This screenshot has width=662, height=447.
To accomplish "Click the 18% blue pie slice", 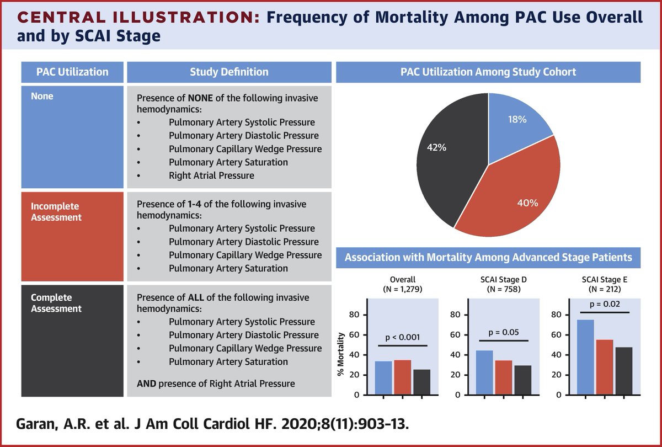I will (x=516, y=124).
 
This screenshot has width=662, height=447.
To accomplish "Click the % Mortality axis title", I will (x=342, y=353).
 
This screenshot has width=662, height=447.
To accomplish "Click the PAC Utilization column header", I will (x=72, y=72).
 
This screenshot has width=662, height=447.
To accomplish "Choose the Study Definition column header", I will (x=229, y=72).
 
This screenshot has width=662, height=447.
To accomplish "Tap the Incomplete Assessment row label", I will (x=55, y=212).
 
